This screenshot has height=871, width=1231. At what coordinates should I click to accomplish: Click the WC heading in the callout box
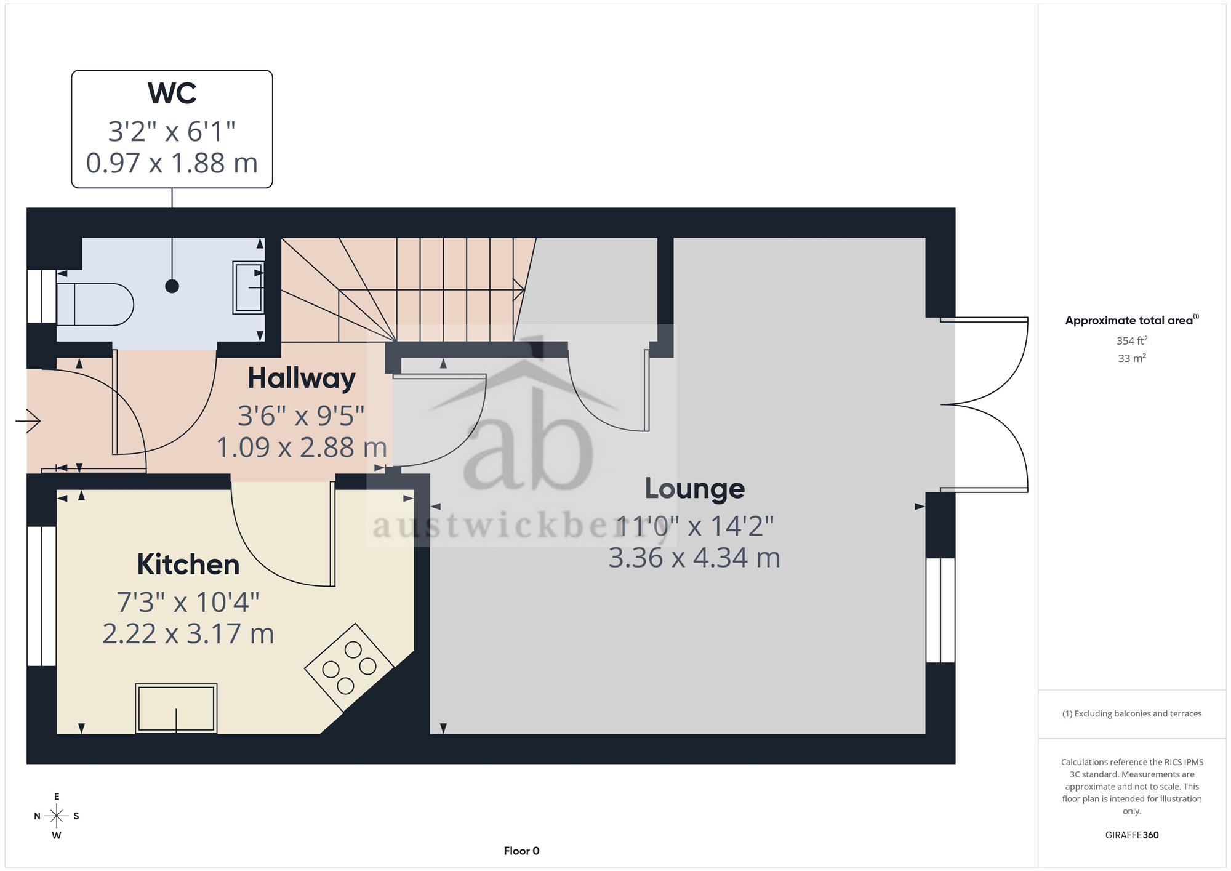coord(172,93)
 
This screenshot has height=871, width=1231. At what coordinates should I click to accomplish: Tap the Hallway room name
coord(302,379)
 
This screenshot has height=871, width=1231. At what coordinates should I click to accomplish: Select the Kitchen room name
coord(188,564)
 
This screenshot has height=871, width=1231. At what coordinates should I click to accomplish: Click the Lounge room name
coord(695,489)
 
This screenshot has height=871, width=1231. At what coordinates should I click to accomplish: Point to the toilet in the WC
coord(95,304)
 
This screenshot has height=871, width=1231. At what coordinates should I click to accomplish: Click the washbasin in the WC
coord(248,287)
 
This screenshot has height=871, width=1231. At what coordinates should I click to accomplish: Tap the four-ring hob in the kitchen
coord(349,668)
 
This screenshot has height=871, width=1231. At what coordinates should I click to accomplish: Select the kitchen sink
coord(176,708)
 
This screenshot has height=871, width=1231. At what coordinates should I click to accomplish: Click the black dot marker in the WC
coord(172,286)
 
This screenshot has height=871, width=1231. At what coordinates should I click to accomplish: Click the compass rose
coord(57,816)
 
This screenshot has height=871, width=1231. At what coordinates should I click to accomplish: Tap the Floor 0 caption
coord(521,851)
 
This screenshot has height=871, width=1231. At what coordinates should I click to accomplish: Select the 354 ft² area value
coord(1132,340)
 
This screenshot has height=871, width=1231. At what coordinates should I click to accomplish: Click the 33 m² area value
coord(1132,358)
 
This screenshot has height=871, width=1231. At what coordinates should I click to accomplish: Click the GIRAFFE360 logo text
coord(1132,835)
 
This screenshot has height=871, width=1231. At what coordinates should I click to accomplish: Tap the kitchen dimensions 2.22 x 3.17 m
coord(188,633)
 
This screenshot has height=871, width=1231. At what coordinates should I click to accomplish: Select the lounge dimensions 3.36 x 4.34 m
coord(695,558)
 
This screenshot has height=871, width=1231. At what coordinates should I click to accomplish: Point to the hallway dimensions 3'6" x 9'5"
coord(302,416)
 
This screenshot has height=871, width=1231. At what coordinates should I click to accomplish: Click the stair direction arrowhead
coord(519,289)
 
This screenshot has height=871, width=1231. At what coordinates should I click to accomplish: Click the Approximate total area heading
coord(1132,320)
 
